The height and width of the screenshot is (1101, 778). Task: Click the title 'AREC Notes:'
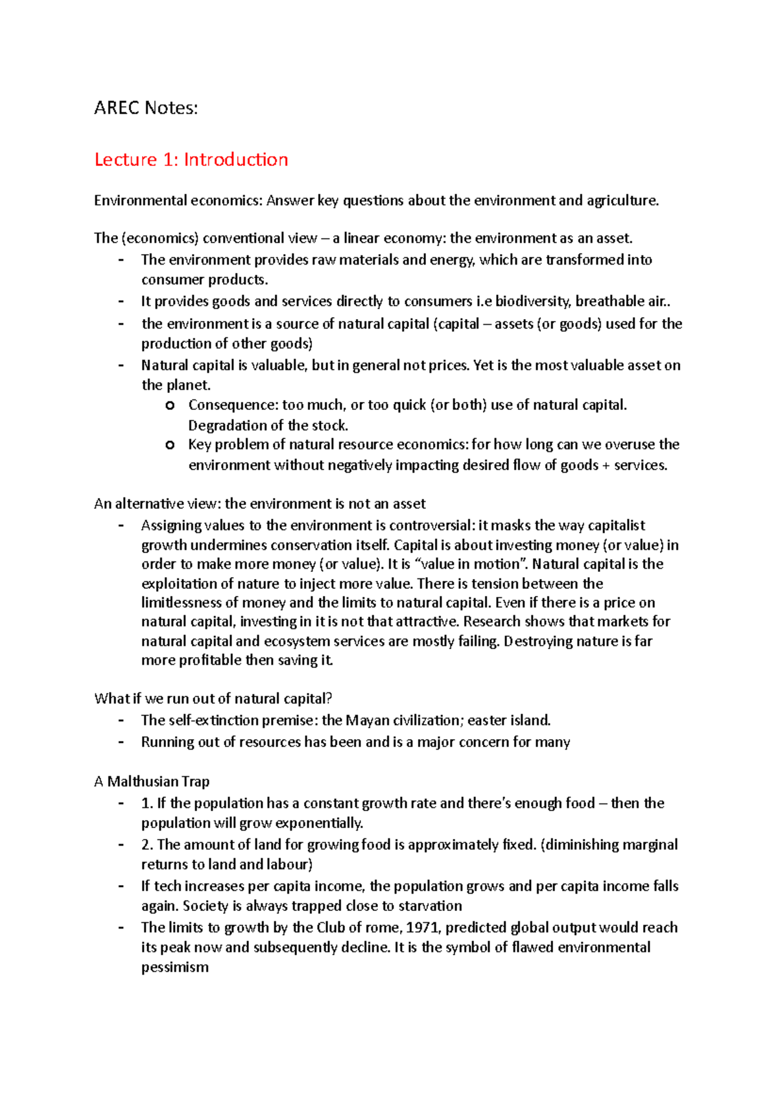(146, 108)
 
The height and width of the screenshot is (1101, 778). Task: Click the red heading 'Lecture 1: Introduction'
(191, 160)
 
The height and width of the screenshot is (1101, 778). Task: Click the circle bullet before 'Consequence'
(170, 405)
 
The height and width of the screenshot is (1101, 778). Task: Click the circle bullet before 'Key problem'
(170, 445)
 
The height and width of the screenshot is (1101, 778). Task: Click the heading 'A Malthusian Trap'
(152, 781)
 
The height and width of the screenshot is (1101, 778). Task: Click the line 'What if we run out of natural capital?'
(213, 698)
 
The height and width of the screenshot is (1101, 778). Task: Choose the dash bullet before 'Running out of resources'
(121, 742)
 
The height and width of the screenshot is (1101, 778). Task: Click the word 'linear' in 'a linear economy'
(361, 238)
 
